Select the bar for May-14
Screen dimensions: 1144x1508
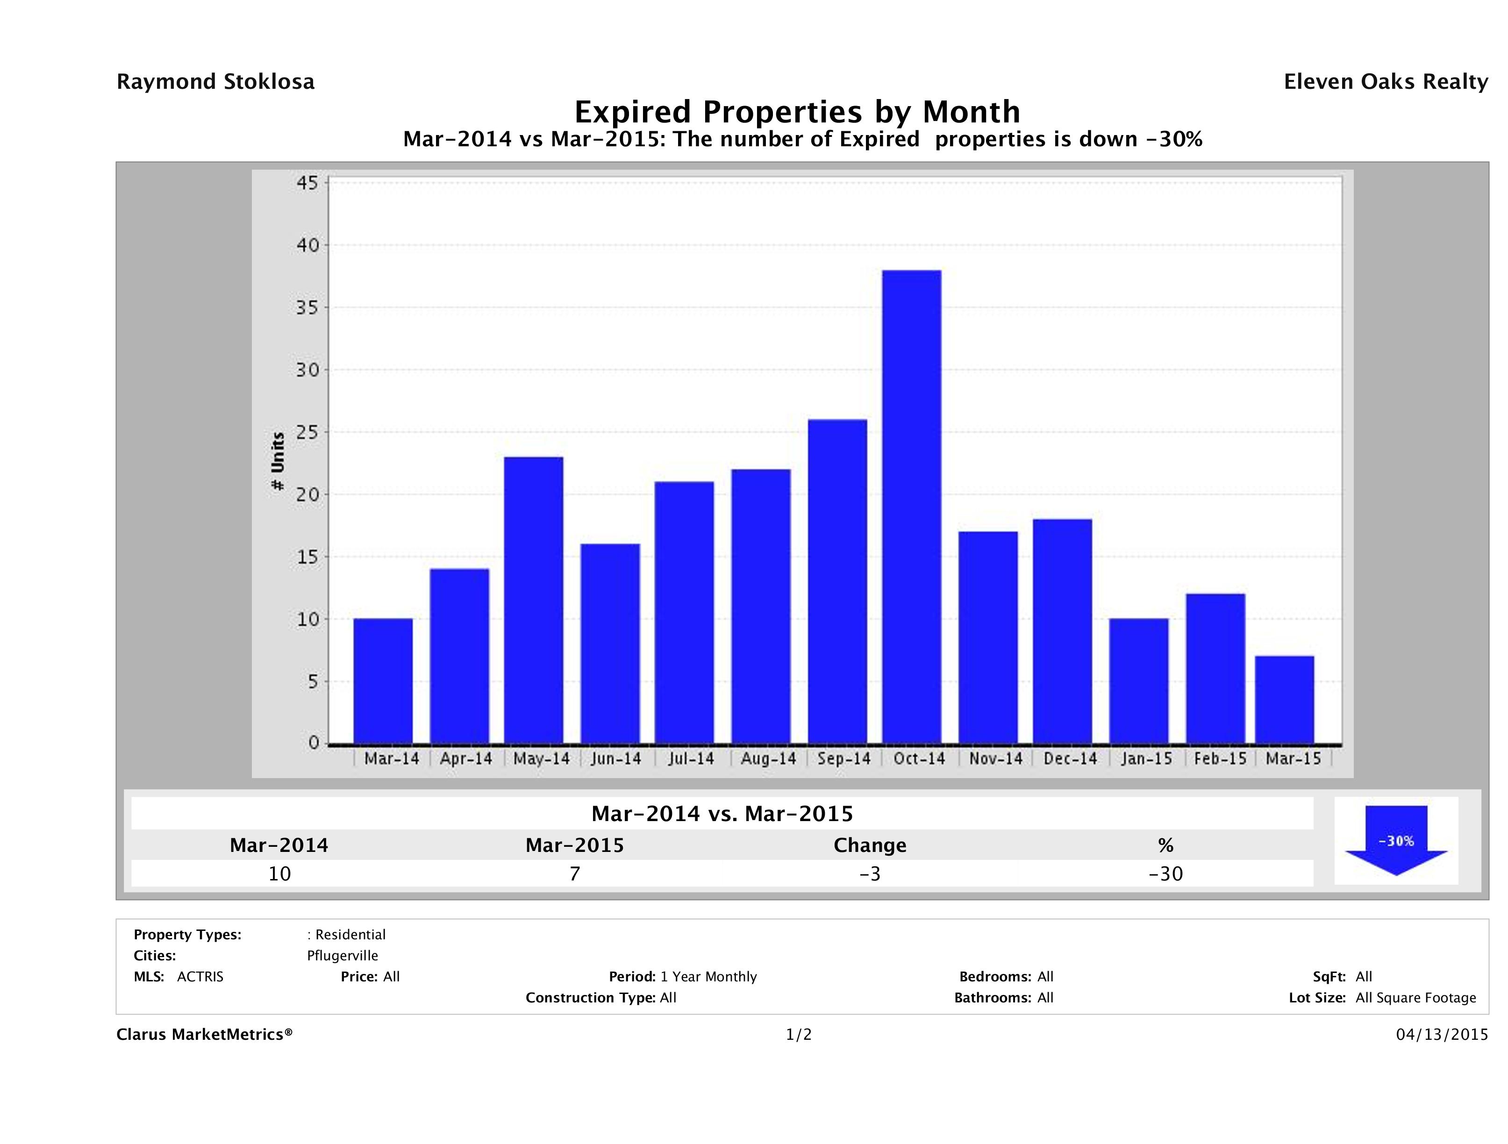coord(534,600)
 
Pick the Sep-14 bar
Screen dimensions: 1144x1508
coord(837,581)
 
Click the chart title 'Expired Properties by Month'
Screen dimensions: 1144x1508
coord(797,111)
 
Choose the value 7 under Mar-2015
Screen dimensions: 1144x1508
coord(575,873)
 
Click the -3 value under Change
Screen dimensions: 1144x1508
coord(870,873)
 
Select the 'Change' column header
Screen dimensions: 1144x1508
coord(870,845)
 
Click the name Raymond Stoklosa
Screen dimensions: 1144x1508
coord(215,82)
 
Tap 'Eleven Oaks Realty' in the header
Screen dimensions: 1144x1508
coord(1385,82)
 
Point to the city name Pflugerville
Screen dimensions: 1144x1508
coord(342,955)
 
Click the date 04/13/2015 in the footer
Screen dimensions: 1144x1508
coord(1442,1034)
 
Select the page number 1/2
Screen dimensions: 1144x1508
coord(798,1034)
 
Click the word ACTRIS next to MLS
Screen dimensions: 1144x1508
coord(200,976)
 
